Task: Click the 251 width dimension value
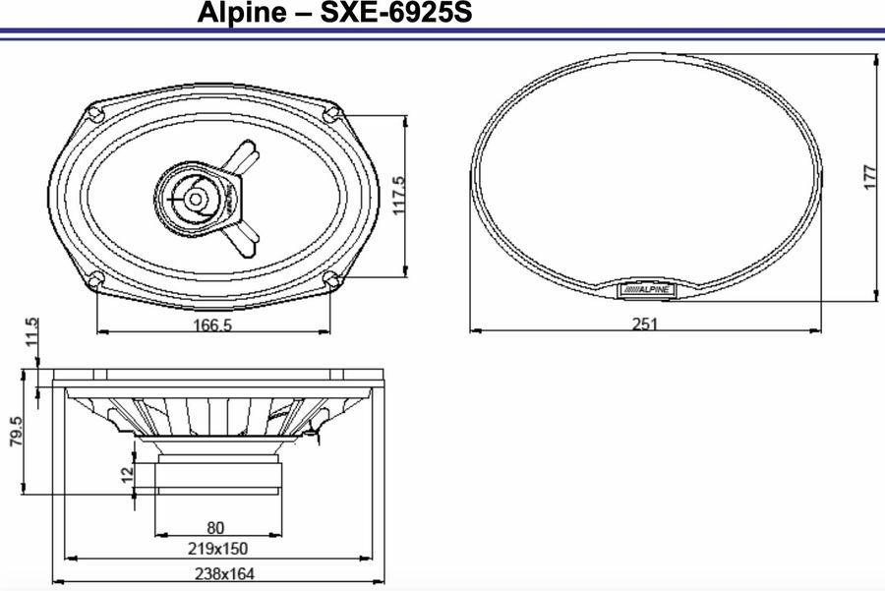point(644,324)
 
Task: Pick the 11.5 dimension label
point(31,333)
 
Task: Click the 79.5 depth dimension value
point(17,432)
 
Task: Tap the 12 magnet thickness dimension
point(125,474)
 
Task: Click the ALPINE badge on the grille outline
point(644,289)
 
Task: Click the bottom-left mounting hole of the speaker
point(95,279)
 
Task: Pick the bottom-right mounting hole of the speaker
point(330,279)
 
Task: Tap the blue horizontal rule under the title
point(442,34)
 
